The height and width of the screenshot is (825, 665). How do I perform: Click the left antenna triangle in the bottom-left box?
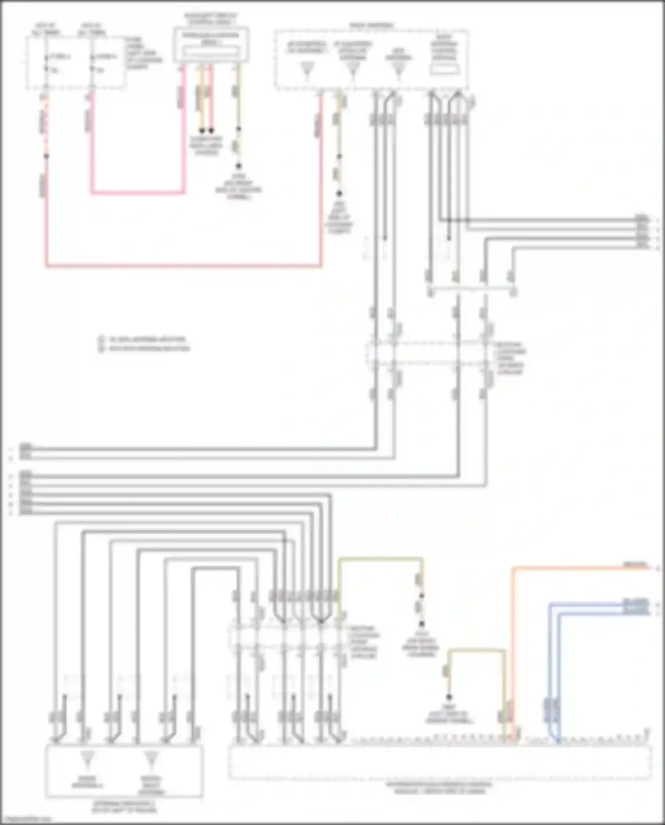point(87,759)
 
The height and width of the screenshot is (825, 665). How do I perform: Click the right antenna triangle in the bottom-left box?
point(151,759)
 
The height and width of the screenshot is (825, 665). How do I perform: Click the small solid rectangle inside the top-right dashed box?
point(445,69)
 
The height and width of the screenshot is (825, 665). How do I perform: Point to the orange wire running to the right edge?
point(576,567)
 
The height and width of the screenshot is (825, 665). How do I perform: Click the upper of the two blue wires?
point(590,604)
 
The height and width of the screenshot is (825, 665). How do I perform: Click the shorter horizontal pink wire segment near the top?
point(137,193)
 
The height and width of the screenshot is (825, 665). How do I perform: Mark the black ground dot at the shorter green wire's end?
point(449,697)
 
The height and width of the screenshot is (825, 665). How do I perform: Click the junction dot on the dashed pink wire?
point(46,156)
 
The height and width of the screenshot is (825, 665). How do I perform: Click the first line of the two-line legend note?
point(146,340)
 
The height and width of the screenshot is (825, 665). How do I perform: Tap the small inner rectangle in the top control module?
point(211,52)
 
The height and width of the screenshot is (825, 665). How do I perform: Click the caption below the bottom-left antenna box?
point(125,806)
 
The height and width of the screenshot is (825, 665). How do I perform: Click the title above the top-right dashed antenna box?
point(371,26)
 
